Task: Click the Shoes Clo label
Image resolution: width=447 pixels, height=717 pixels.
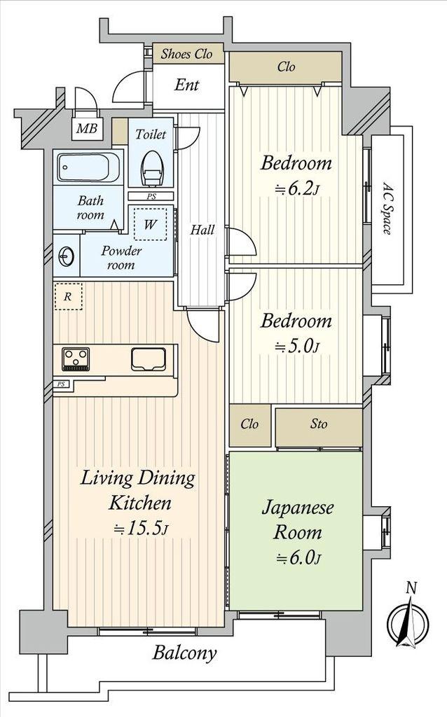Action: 186,54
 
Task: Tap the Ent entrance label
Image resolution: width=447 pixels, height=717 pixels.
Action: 186,85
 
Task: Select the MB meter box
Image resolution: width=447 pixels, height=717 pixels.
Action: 87,129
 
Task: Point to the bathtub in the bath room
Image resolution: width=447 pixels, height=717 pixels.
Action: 89,167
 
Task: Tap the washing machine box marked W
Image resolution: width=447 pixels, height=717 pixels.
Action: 150,224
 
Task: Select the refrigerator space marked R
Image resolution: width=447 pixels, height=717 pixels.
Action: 68,296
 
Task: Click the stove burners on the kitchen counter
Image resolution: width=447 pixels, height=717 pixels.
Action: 76,359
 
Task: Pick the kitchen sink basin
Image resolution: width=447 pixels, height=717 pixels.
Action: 149,359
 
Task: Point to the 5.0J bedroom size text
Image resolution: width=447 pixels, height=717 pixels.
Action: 296,347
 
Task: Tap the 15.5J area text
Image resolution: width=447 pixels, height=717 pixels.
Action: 142,529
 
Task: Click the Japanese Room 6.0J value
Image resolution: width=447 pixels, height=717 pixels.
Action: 298,557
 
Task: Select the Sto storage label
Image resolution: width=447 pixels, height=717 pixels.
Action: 319,424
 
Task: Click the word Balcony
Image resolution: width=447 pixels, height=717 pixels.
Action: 184,653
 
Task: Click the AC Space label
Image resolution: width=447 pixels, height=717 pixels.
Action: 387,209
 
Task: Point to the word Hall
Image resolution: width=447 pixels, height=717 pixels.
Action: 202,230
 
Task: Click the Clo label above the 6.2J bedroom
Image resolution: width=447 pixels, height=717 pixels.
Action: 286,67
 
